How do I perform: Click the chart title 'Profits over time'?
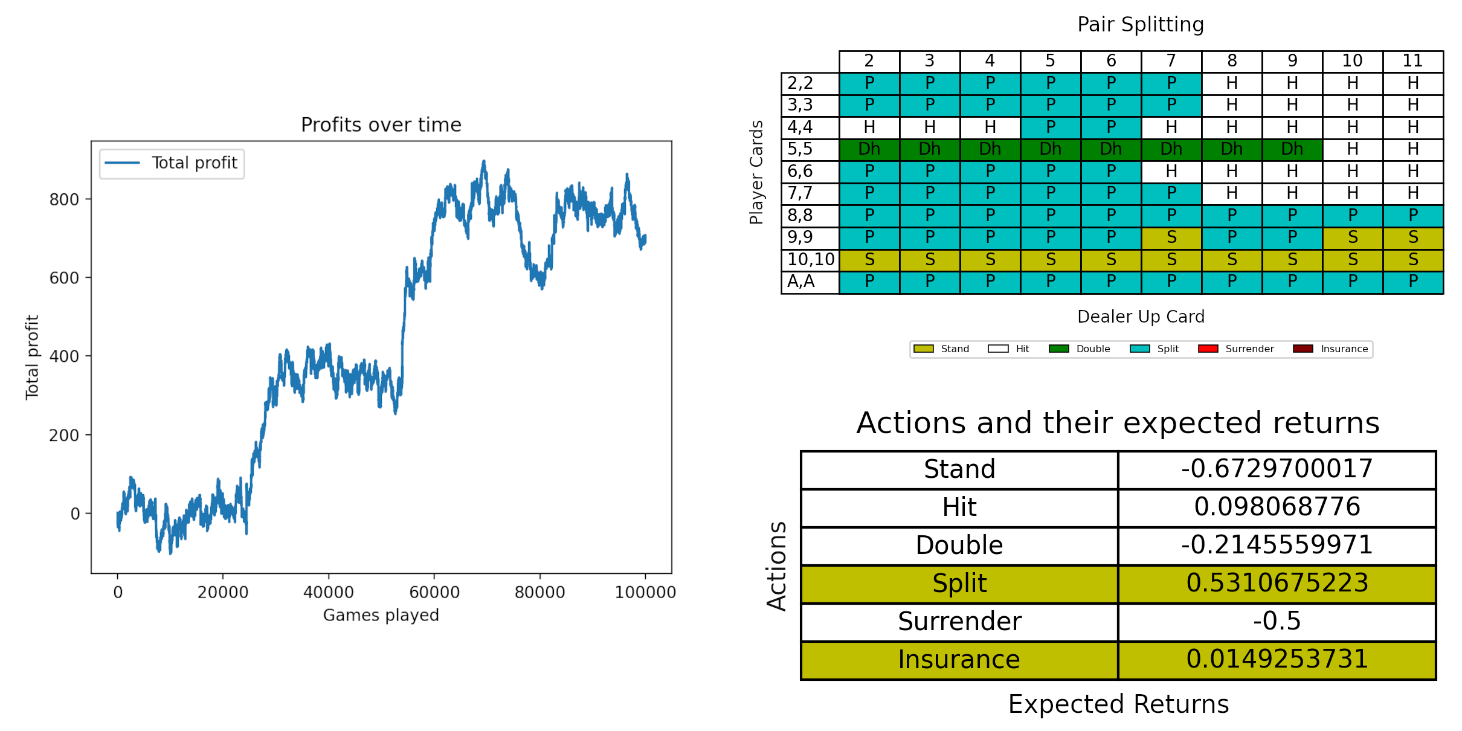381,125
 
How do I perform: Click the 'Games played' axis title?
381,615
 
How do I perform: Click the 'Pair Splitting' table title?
1141,25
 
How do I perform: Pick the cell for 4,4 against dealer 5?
1051,127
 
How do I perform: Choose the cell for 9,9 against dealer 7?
1171,237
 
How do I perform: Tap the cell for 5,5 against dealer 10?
1353,149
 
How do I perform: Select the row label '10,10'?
810,260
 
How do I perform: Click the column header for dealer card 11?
1412,61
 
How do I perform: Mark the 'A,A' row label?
801,282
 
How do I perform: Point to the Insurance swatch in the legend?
1303,349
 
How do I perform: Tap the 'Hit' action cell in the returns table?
959,507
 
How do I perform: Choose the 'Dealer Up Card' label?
1141,317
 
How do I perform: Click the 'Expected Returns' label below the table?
1118,704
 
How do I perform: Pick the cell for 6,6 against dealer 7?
1171,172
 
